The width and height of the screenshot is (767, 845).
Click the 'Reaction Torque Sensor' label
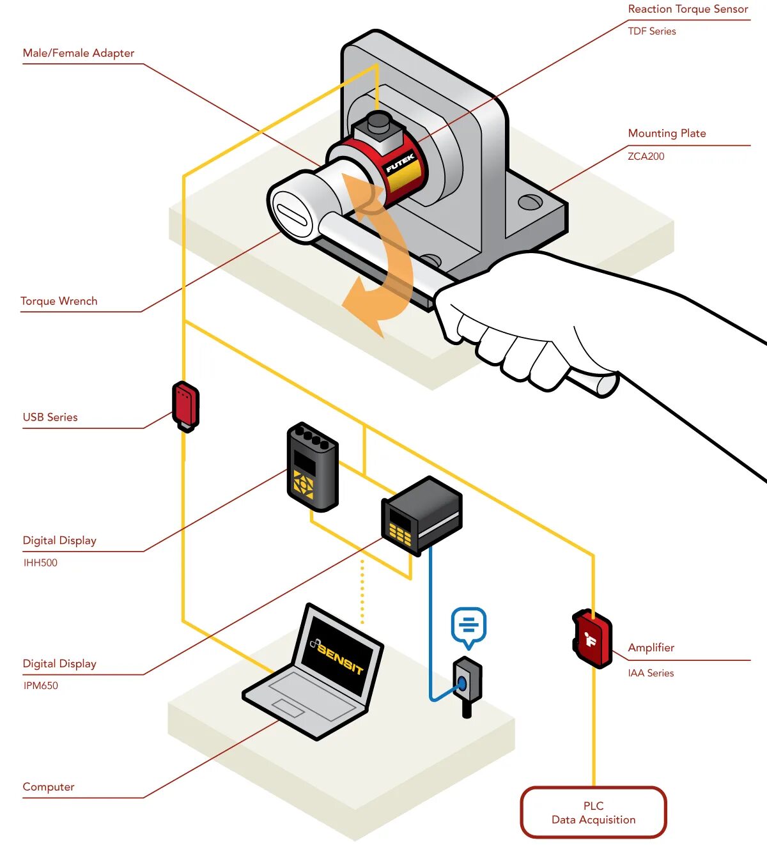tap(688, 9)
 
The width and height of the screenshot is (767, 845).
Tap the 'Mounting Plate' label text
tap(667, 133)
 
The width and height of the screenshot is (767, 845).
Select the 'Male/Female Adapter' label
tap(79, 53)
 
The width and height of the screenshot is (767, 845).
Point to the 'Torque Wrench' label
tap(59, 301)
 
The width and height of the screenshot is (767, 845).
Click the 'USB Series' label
tap(50, 417)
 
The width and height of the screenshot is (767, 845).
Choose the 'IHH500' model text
tap(40, 562)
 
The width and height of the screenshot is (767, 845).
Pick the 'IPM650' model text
tap(40, 686)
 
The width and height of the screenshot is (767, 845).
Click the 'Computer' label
tap(49, 787)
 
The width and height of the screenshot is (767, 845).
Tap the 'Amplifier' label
tap(651, 647)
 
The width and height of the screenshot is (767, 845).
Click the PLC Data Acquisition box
tap(593, 812)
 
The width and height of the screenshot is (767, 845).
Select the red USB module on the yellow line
tap(185, 405)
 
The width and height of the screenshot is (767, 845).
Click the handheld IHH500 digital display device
tap(312, 467)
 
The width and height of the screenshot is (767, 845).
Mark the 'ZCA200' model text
tap(646, 156)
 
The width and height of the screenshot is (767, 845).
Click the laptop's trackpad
tap(288, 708)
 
